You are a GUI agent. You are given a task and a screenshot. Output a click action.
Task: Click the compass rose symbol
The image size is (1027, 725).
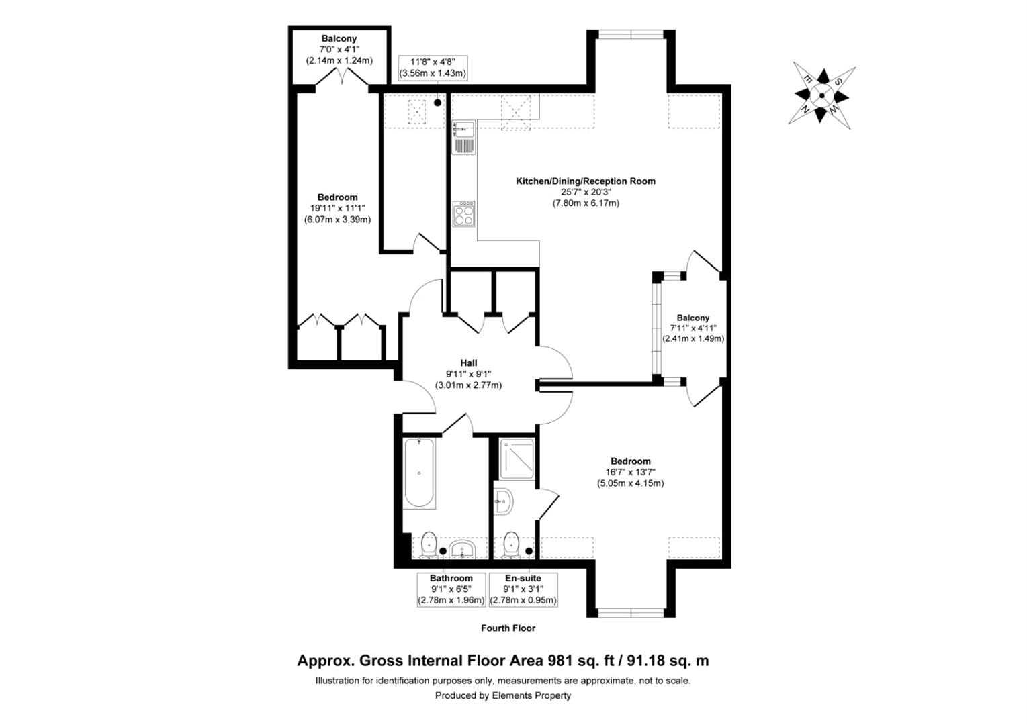pos(821,95)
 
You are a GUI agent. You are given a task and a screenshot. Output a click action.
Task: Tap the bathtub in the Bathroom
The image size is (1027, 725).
pos(419,473)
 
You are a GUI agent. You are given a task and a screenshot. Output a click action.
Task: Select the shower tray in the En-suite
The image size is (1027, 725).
pos(517,458)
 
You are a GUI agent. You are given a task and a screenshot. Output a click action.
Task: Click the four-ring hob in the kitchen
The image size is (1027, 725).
pos(463,213)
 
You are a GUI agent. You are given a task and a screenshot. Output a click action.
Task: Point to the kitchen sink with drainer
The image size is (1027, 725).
pos(463,138)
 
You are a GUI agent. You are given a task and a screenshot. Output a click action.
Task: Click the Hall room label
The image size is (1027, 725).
pos(468,363)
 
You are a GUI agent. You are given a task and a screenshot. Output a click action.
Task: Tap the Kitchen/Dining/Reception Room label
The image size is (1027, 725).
pos(585,181)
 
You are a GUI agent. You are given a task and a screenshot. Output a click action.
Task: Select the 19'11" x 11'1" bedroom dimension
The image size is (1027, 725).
pos(337,208)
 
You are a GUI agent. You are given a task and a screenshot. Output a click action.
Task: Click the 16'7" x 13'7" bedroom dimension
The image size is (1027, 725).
pos(630,472)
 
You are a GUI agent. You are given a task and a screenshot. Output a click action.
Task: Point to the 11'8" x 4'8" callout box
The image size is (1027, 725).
pos(433,68)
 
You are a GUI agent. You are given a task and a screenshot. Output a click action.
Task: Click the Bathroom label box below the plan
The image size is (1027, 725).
pos(451,589)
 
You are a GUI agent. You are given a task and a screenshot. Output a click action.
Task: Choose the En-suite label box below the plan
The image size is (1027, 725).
pos(523,589)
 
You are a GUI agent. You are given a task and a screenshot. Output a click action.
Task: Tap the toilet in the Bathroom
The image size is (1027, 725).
pos(429,544)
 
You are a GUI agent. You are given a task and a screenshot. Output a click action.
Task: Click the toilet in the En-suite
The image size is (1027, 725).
pos(511,544)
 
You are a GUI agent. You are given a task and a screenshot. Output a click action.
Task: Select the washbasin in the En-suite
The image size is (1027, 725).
pos(503,501)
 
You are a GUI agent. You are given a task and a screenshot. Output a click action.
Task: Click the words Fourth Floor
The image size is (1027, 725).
pos(508,628)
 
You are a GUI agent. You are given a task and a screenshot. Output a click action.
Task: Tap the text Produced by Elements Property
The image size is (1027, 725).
pos(502,695)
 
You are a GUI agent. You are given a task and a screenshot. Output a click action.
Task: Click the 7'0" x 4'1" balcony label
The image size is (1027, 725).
pos(339,49)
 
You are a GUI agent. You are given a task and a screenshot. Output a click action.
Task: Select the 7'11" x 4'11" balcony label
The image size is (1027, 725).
pos(693,328)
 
